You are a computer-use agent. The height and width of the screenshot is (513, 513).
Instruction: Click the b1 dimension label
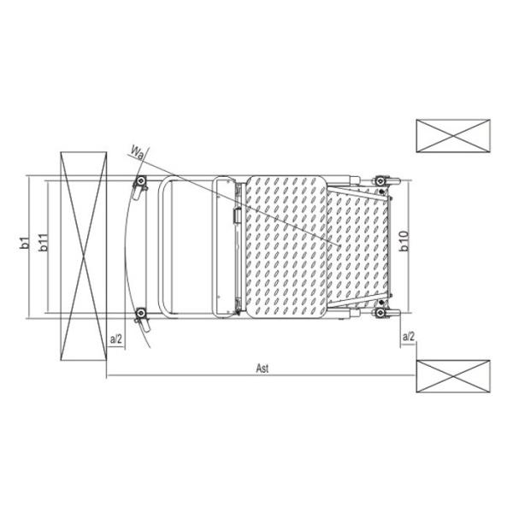(x=25, y=243)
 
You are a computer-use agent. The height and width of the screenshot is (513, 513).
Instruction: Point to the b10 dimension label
(x=404, y=242)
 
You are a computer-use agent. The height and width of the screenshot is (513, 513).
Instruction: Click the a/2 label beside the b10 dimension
(x=408, y=339)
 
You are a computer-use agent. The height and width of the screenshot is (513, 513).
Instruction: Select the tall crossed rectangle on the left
(x=84, y=256)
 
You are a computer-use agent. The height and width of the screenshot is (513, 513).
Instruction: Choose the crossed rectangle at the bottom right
(x=453, y=376)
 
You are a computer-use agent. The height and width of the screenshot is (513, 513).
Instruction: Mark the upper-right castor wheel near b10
(x=382, y=181)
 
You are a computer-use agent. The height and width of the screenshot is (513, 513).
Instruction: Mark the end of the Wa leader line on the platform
(x=340, y=246)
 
